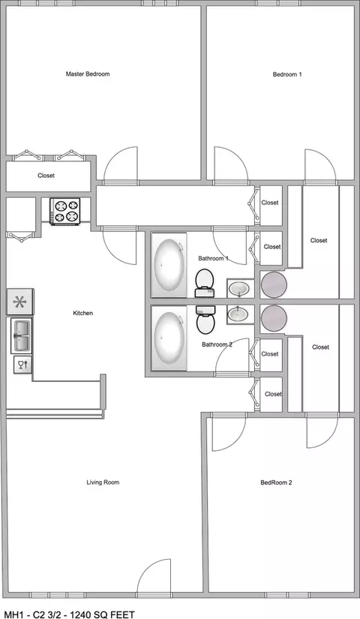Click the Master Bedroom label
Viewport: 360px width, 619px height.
click(88, 74)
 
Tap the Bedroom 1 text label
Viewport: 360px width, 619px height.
click(287, 74)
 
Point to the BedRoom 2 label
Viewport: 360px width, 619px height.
click(276, 482)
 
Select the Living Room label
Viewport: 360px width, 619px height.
click(103, 482)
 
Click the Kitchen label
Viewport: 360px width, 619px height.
click(83, 313)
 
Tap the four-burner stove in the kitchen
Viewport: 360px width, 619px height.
click(65, 211)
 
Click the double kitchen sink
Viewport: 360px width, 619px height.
click(21, 336)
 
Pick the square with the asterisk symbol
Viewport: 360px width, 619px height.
click(19, 302)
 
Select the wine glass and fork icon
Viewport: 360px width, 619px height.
click(23, 365)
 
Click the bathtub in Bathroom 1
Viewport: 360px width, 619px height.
click(169, 265)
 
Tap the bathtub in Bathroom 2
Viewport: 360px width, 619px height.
click(169, 338)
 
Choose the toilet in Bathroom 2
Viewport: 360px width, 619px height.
click(205, 320)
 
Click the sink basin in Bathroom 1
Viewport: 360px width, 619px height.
click(240, 289)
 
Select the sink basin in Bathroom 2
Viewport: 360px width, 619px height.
click(240, 314)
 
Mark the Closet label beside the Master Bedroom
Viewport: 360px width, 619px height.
click(46, 176)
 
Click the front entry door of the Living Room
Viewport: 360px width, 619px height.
click(154, 577)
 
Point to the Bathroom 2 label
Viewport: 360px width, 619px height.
click(217, 344)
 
